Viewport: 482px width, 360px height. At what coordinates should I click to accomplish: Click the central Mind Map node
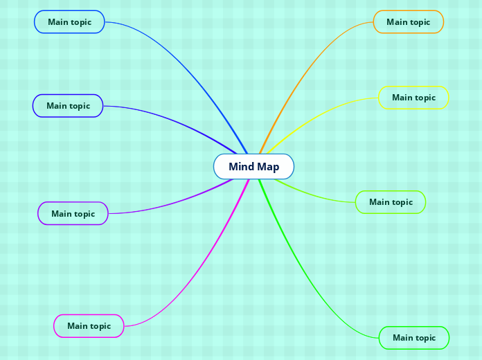click(253, 167)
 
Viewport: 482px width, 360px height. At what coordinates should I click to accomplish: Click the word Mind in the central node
click(242, 167)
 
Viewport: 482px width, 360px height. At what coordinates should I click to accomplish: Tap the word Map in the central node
click(268, 167)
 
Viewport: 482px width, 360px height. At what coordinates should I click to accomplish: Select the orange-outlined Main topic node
click(408, 22)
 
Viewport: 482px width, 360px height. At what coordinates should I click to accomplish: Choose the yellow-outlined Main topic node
click(413, 98)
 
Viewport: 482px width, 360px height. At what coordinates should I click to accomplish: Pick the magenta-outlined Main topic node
click(89, 326)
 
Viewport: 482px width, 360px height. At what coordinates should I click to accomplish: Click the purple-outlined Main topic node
click(73, 214)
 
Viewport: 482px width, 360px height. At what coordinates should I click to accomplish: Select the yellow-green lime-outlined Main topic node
click(391, 202)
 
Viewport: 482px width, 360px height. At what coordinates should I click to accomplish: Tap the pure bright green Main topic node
click(414, 338)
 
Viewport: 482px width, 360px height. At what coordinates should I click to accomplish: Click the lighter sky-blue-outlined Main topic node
click(69, 22)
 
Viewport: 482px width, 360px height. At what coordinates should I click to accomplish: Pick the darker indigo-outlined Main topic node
click(68, 106)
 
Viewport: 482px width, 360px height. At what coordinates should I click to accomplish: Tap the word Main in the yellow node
click(402, 98)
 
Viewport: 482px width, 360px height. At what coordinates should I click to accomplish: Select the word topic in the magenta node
click(100, 326)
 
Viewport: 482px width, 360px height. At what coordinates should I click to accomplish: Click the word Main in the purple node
click(62, 214)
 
